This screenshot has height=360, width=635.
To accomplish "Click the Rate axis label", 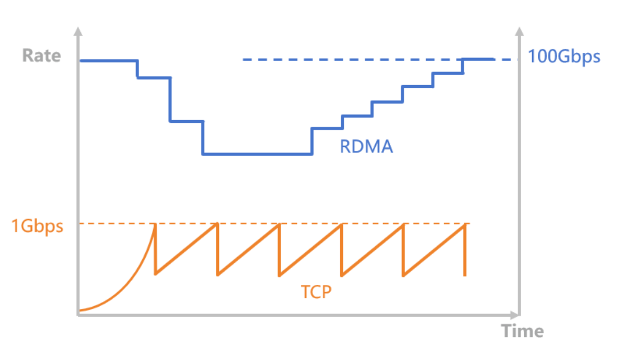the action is pyautogui.click(x=41, y=55).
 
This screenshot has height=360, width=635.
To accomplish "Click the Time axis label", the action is pyautogui.click(x=522, y=331).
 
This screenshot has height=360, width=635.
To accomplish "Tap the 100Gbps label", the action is pyautogui.click(x=564, y=56).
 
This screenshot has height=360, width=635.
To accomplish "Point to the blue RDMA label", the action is pyautogui.click(x=366, y=146).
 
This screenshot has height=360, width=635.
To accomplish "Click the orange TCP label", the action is pyautogui.click(x=316, y=292).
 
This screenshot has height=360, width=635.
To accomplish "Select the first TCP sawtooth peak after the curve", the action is pyautogui.click(x=155, y=224).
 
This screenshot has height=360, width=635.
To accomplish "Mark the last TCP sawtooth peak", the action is pyautogui.click(x=464, y=224).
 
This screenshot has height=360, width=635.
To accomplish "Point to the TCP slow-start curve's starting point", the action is pyautogui.click(x=80, y=311).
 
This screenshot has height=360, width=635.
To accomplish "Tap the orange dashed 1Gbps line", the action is pyautogui.click(x=314, y=224).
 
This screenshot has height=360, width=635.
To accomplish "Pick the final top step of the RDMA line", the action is pyautogui.click(x=478, y=59).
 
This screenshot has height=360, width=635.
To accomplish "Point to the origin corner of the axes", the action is pyautogui.click(x=78, y=315).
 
